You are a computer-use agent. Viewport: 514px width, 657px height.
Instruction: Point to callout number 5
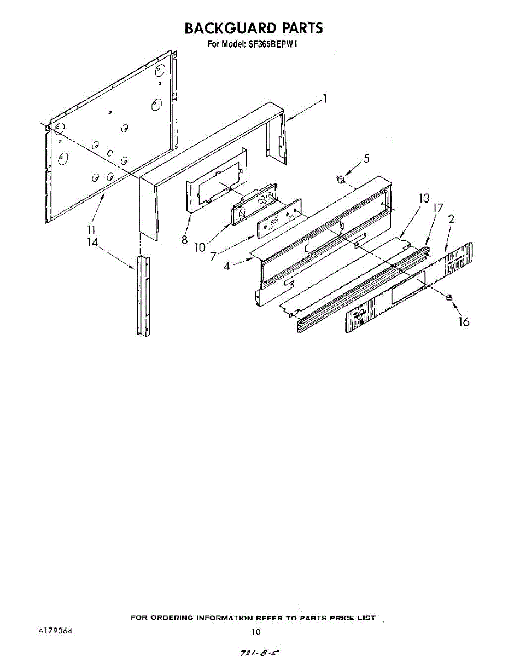point(366,159)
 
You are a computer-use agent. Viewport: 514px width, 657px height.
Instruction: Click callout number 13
point(424,199)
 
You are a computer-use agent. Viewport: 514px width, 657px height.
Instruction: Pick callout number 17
point(437,209)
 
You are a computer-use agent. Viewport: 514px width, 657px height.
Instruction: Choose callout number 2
point(452,220)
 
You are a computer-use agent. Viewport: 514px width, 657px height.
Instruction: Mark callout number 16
point(464,322)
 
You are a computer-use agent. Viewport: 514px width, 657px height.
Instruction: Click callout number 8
point(185,239)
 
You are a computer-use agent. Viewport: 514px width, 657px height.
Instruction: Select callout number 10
point(200,247)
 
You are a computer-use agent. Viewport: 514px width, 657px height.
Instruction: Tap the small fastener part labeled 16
point(449,297)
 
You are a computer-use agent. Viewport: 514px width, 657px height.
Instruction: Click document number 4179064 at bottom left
point(55,631)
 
